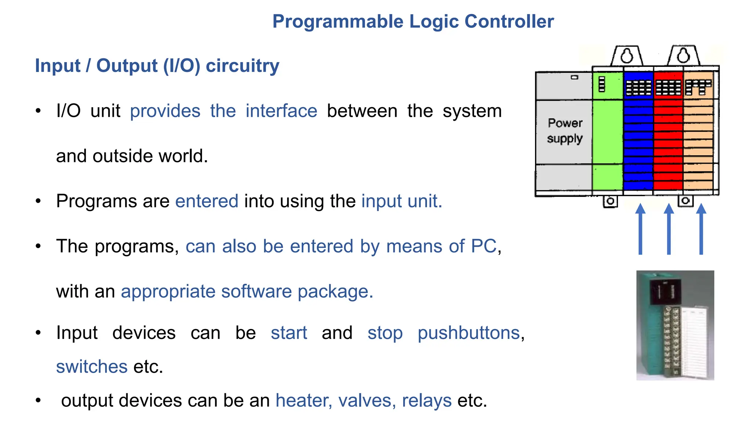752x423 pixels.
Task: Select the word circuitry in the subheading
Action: pyautogui.click(x=242, y=66)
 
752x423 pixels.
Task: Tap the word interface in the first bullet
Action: pyautogui.click(x=281, y=111)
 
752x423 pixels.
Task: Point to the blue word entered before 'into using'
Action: pyautogui.click(x=207, y=201)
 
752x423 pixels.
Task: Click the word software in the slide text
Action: pyautogui.click(x=256, y=292)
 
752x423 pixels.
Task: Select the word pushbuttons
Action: pyautogui.click(x=469, y=333)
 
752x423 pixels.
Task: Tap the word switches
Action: pyautogui.click(x=92, y=367)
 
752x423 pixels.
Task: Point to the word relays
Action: pyautogui.click(x=427, y=401)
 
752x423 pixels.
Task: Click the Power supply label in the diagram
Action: pyautogui.click(x=565, y=131)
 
